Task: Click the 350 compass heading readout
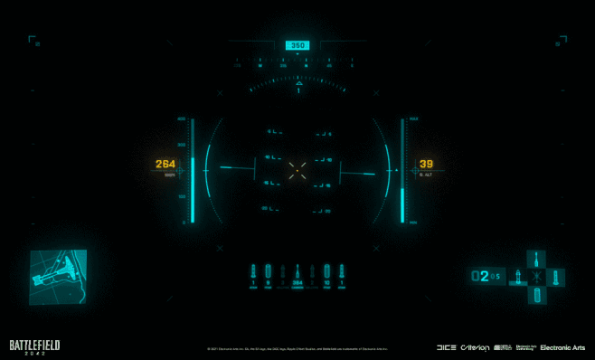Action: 297,45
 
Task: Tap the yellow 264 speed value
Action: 165,165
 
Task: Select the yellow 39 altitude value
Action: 427,164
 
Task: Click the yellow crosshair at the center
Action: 297,167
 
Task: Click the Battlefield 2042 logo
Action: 35,346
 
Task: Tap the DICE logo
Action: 446,347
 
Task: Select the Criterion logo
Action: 475,347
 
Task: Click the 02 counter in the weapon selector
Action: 482,276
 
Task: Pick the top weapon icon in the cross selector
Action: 537,259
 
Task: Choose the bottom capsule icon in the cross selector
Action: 537,295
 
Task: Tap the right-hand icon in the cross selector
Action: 555,277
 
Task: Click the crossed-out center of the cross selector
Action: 537,277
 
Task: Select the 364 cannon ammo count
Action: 297,283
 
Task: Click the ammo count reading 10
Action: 326,283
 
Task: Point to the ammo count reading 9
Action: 269,283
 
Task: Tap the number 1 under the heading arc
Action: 298,91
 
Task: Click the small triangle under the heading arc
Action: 298,83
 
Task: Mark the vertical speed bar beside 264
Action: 192,170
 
